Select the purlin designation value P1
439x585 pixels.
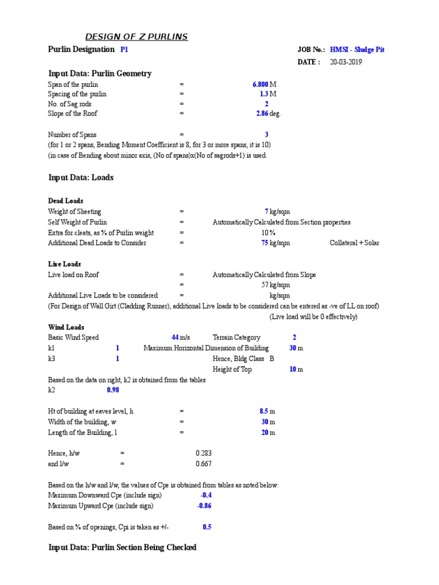124,50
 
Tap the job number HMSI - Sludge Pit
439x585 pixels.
357,50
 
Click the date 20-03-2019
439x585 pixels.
346,62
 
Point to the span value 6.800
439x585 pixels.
260,85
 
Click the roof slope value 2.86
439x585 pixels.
262,114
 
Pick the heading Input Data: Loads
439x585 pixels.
81,178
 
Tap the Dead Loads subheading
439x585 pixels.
66,201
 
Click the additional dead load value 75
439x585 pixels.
265,243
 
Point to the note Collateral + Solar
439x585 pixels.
354,243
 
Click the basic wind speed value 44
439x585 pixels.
175,338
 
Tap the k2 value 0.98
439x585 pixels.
113,390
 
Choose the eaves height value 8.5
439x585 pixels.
264,411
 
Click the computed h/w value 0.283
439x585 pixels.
203,453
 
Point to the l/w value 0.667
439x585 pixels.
203,464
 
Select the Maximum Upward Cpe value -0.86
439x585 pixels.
204,506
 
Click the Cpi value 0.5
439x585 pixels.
207,527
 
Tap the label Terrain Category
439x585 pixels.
236,338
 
